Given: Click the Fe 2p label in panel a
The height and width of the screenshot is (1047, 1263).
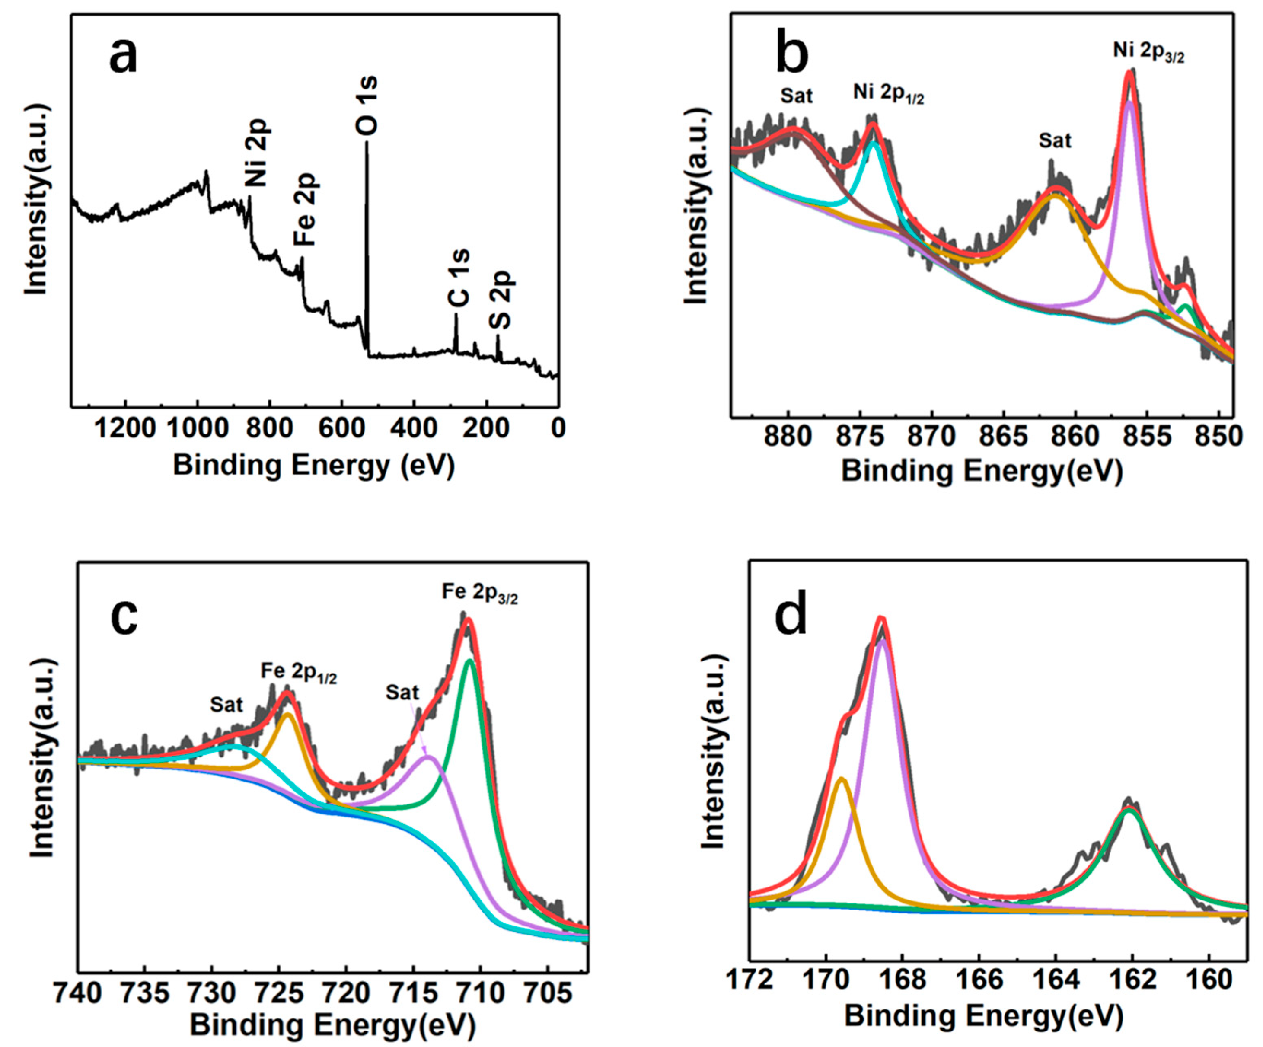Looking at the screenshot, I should click(306, 209).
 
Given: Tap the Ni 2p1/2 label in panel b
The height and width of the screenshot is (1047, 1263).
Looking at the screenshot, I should click(888, 94).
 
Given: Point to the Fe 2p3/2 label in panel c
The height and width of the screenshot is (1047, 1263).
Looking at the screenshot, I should click(479, 592).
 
